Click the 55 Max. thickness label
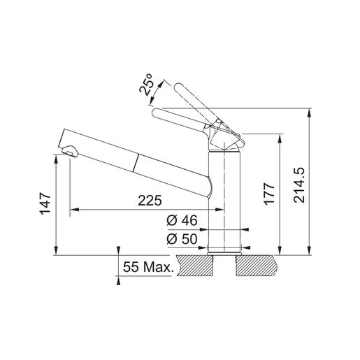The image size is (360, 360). coord(148,267)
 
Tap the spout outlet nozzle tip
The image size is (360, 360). coord(69,152)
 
